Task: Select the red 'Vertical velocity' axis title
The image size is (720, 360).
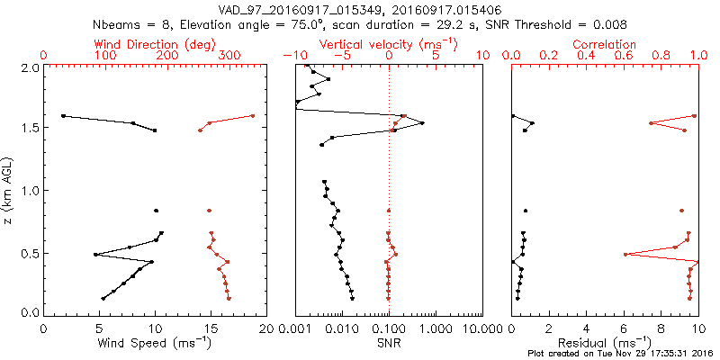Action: tap(389, 44)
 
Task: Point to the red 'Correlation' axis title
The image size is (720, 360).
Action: tap(605, 44)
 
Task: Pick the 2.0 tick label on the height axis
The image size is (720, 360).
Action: tap(29, 67)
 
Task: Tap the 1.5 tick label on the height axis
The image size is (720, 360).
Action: tap(29, 129)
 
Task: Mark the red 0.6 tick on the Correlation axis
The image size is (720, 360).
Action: tap(624, 56)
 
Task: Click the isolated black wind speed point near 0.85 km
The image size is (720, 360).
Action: tap(156, 211)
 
